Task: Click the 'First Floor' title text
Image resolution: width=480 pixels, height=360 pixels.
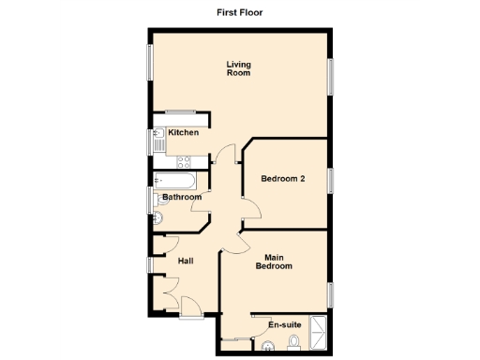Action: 239,13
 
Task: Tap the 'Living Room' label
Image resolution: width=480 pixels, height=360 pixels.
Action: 238,68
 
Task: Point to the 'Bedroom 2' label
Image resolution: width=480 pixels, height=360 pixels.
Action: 283,179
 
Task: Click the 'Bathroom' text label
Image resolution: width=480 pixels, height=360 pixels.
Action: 181,198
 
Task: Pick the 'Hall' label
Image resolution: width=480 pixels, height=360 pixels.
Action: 186,261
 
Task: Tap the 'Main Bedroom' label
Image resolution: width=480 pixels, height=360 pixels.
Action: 274,262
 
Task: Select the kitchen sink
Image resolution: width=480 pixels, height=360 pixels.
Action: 157,142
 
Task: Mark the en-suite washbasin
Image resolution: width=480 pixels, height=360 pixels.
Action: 269,348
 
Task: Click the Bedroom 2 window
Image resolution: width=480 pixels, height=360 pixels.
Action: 331,178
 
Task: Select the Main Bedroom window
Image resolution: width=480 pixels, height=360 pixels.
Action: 331,293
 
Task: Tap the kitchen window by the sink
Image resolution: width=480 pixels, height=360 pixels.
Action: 148,142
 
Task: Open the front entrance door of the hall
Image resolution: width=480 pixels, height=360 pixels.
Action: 187,306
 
